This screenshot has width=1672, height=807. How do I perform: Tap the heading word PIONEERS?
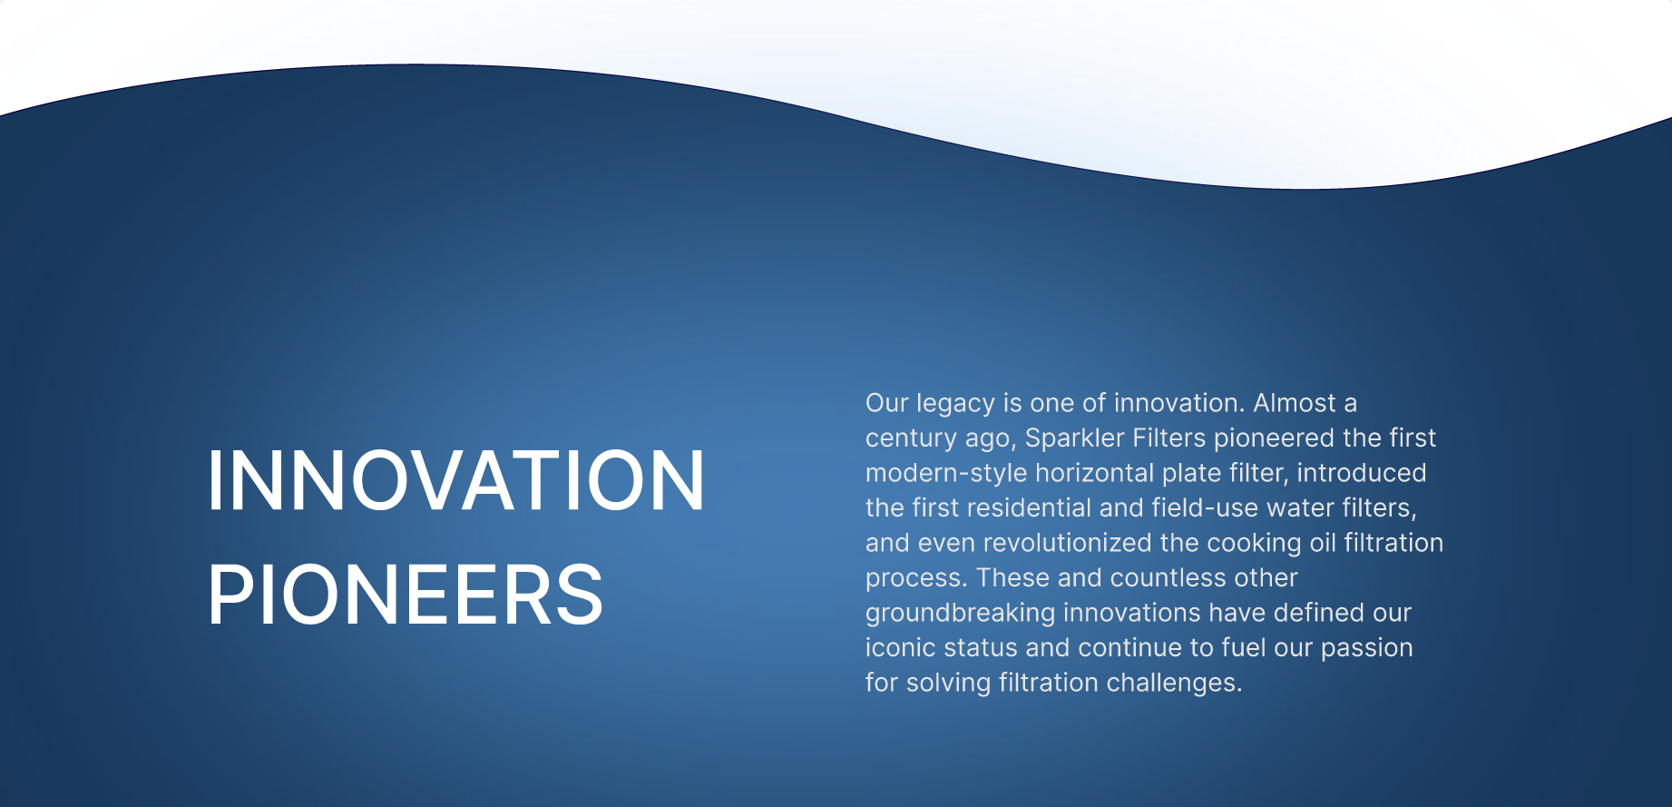(x=406, y=595)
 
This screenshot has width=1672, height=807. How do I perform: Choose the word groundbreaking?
(x=961, y=614)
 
